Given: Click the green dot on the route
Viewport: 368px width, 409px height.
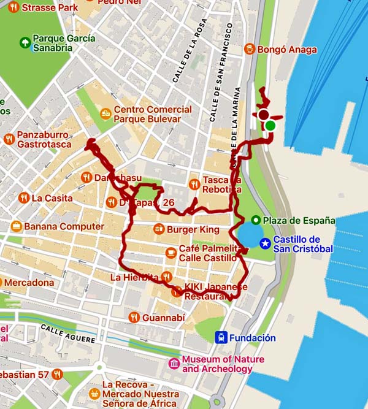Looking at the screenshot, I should pos(270,126).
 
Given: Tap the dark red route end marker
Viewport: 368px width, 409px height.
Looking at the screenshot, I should pos(264,115).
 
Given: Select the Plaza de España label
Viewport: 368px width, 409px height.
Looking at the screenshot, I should pos(299,220).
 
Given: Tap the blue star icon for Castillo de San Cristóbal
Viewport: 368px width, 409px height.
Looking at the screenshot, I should pos(264,243).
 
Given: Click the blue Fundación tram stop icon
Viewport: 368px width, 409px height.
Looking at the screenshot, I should pos(221,337).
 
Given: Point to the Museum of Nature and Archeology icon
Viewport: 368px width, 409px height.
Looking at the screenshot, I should pos(175,364).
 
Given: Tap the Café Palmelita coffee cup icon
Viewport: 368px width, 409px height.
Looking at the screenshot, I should pos(171,253).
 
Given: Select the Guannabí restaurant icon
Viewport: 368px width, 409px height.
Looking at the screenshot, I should pos(134,317).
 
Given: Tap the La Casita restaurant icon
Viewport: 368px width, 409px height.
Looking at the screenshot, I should pos(23,198).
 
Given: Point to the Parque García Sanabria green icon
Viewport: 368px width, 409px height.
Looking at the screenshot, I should pos(25,42).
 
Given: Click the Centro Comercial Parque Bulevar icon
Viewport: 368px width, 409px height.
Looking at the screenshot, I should pos(107,113).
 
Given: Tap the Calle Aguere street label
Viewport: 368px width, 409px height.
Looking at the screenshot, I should pos(68,333).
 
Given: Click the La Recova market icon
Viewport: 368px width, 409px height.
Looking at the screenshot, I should pos(94,393).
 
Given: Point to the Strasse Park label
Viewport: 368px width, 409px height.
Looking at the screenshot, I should pos(45,8).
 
